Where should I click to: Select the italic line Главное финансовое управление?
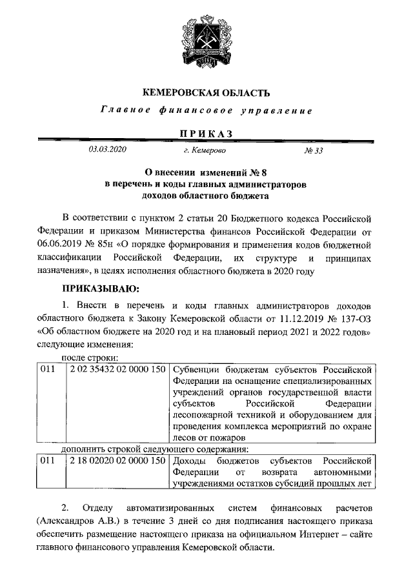coord(206,111)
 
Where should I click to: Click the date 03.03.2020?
coord(108,150)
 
